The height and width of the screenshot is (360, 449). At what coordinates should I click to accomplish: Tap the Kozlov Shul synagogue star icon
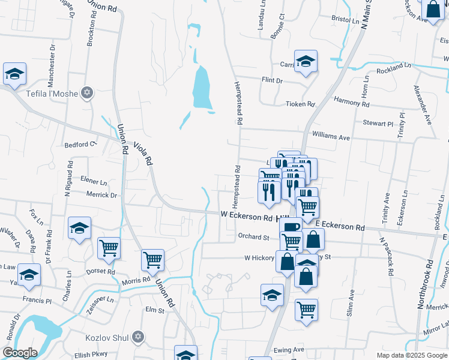[x=138, y=337]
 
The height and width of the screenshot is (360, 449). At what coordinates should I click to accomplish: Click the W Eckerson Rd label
[x=247, y=214]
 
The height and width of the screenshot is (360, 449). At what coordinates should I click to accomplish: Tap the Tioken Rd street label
[x=300, y=104]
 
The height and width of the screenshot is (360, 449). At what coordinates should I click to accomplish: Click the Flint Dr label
[x=271, y=80]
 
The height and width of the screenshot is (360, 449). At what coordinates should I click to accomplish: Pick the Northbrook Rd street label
[x=428, y=284]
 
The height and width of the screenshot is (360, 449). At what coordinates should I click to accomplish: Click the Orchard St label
[x=253, y=237]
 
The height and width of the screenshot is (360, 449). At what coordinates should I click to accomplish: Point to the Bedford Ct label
[x=80, y=145]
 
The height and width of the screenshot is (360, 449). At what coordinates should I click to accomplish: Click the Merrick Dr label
[x=101, y=195]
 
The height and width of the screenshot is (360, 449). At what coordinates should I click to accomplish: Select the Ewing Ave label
[x=289, y=350]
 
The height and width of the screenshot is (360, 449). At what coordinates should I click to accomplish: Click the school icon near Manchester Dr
[x=14, y=75]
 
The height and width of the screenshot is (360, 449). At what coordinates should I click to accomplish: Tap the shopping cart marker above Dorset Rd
[x=109, y=248]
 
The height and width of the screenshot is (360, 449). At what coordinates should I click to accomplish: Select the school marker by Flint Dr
[x=306, y=62]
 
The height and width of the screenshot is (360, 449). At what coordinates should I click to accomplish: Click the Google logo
[x=20, y=353]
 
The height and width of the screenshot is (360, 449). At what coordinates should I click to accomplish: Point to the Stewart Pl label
[x=378, y=123]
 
